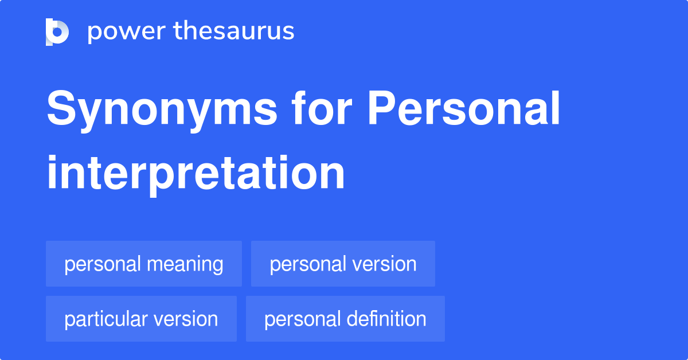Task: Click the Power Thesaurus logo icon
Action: (57, 32)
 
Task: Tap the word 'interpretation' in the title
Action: (196, 173)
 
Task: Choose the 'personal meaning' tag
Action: (144, 264)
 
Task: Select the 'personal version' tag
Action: (343, 264)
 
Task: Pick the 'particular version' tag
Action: (141, 319)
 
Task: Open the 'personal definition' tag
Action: (345, 319)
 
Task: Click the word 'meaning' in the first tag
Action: (185, 264)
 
